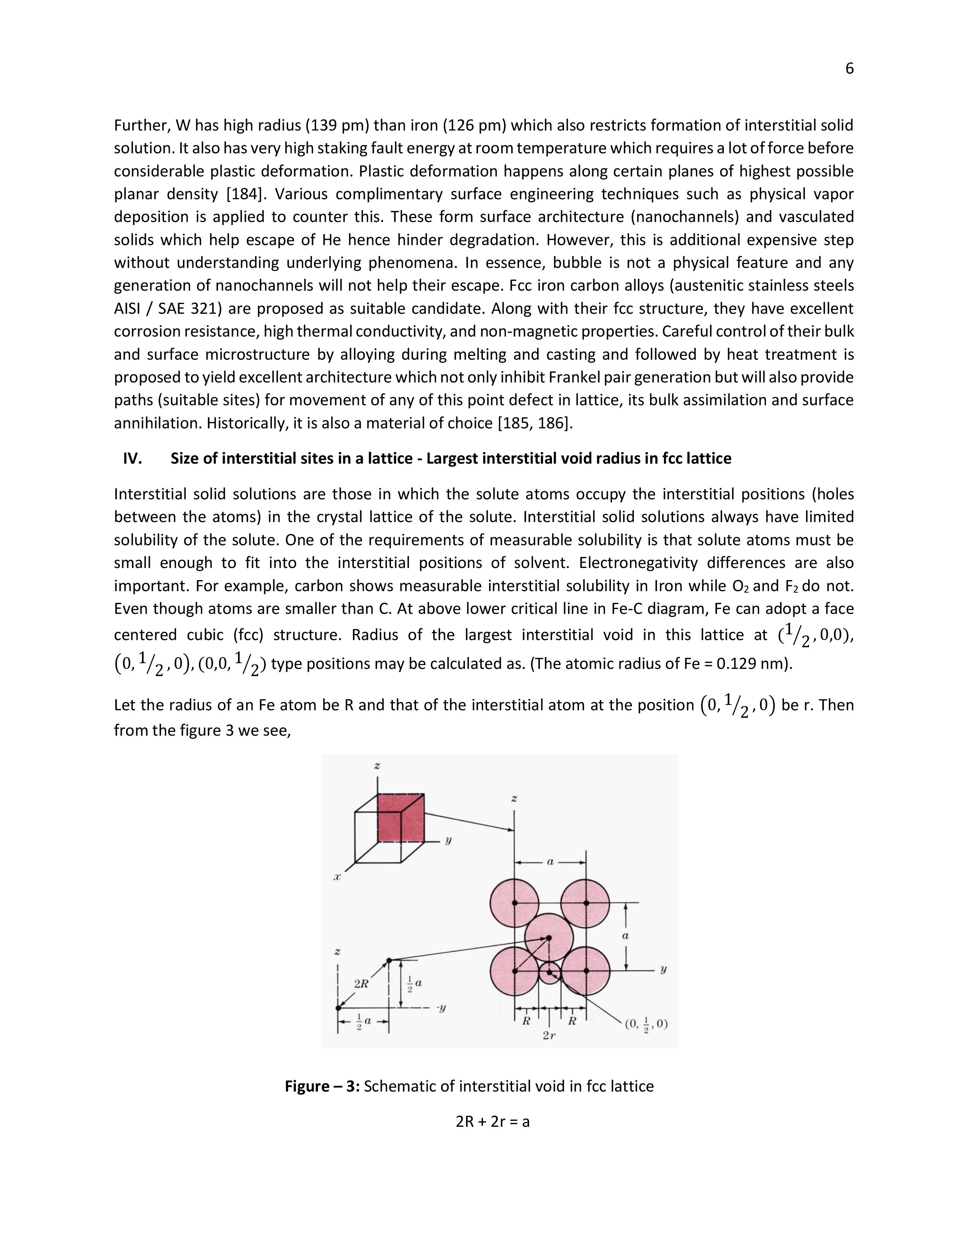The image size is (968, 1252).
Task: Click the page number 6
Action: point(849,69)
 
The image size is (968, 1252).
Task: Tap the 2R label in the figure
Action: point(361,984)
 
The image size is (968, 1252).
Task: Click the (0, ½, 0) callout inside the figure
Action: point(646,1024)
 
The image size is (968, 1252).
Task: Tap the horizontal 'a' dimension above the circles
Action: point(550,862)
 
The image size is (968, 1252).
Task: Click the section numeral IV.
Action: point(132,459)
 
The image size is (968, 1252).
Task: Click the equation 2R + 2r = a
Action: point(493,1122)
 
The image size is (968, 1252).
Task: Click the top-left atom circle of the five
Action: point(514,902)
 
